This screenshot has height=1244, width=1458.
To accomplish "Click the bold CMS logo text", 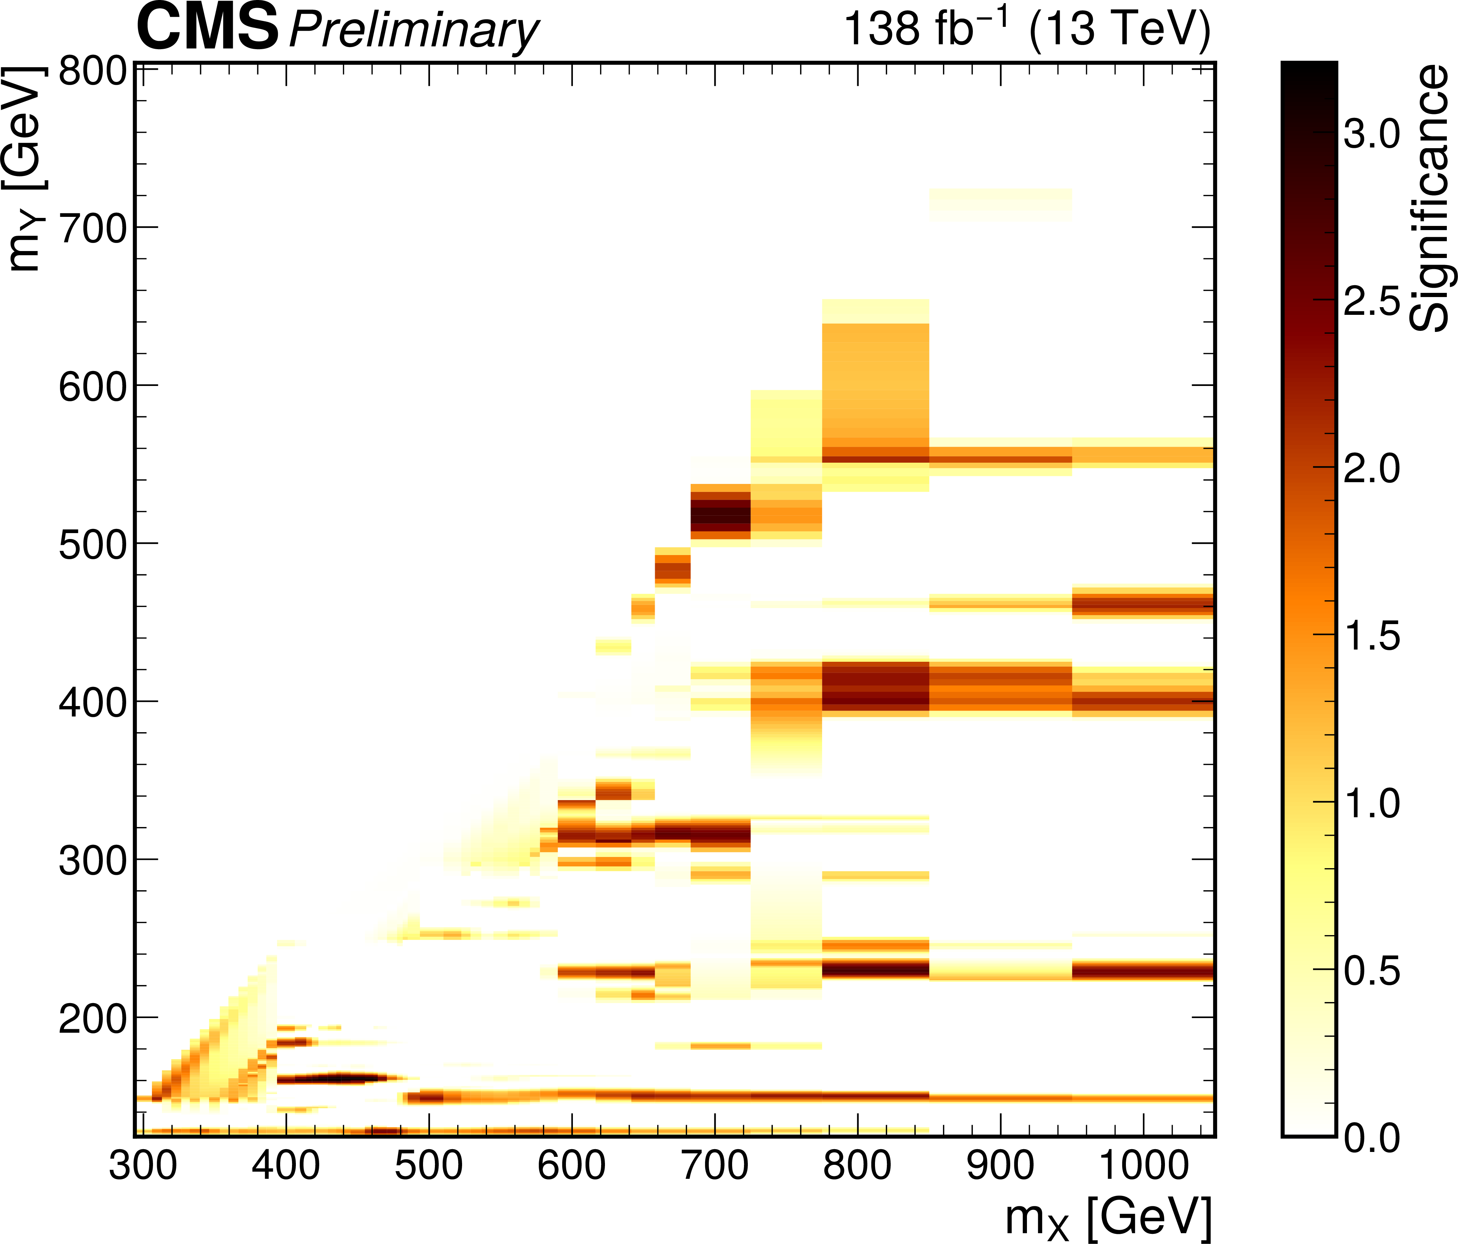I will tap(208, 28).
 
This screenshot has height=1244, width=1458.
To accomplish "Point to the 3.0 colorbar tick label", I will tap(1372, 134).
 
